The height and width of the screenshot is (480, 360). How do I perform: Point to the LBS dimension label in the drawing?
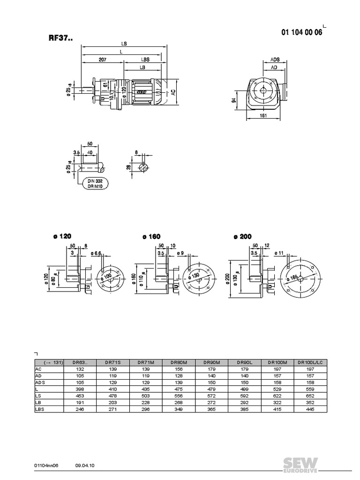145,60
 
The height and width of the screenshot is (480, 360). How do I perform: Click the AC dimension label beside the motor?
173,92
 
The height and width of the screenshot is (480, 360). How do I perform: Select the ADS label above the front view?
276,60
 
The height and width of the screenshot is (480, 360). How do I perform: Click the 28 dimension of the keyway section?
129,167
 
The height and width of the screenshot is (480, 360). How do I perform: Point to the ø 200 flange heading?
242,237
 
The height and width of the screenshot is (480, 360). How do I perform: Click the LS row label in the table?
38,396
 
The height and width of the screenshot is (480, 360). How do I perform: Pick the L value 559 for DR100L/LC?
310,389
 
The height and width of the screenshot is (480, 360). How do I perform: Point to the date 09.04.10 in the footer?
85,465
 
